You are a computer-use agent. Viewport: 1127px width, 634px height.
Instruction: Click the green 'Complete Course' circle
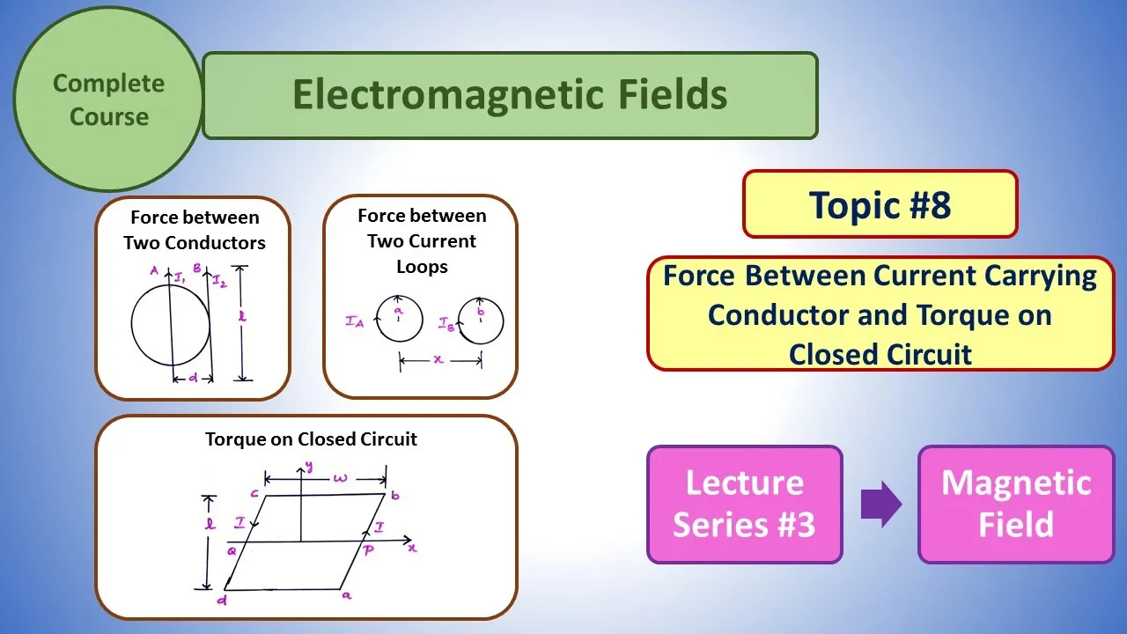click(107, 100)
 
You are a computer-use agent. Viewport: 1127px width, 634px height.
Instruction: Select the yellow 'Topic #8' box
click(880, 203)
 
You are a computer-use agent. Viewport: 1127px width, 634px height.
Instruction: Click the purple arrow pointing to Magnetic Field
click(881, 505)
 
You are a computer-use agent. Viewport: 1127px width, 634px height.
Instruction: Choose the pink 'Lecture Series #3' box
click(745, 505)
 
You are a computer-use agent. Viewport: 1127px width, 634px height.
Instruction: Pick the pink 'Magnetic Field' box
click(1016, 505)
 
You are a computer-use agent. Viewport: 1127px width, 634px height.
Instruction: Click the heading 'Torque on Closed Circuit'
click(311, 439)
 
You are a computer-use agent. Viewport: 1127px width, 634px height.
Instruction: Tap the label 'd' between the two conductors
click(193, 378)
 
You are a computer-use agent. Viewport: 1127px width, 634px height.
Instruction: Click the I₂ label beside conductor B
click(219, 281)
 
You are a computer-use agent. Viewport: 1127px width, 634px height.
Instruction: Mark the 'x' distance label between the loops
click(438, 360)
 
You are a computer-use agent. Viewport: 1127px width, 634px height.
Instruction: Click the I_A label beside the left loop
click(355, 321)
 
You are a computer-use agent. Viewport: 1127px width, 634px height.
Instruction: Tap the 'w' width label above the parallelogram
click(340, 477)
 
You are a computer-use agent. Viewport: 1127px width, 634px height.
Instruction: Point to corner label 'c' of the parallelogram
click(254, 494)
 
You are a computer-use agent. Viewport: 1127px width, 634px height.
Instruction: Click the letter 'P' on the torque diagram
click(368, 550)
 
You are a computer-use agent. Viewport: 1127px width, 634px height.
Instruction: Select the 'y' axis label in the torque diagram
click(309, 467)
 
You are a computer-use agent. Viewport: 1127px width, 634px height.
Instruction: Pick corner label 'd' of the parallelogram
click(221, 600)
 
